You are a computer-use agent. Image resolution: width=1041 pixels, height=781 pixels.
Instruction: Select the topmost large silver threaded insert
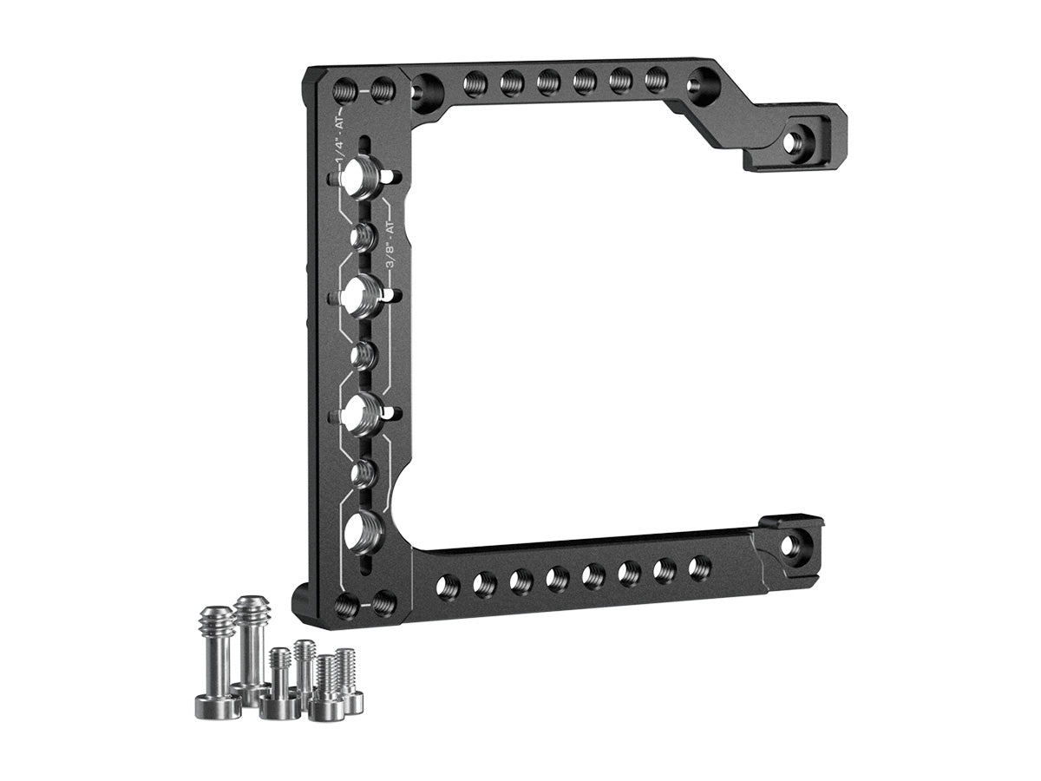point(365,176)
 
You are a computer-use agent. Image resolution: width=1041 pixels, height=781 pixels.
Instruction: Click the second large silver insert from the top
point(364,295)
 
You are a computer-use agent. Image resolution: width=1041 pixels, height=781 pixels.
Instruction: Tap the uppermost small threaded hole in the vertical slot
point(364,237)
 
